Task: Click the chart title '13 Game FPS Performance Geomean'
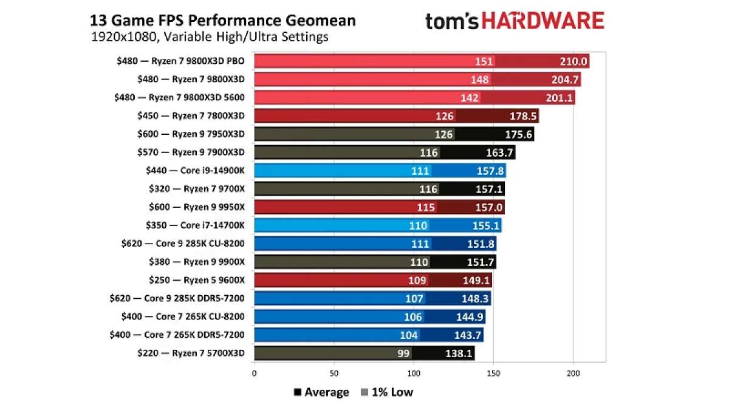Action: click(223, 21)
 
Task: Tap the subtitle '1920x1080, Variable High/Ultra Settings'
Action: click(210, 37)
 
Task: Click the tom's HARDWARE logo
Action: click(515, 21)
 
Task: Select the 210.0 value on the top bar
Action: click(573, 61)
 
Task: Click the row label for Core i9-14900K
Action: click(197, 171)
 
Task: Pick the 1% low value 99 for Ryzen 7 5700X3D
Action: click(404, 353)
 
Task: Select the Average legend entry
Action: click(321, 392)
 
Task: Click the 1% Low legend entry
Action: click(386, 392)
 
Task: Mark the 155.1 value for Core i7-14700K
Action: click(485, 225)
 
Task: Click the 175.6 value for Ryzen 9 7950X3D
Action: click(518, 134)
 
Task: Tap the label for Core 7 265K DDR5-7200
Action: click(178, 335)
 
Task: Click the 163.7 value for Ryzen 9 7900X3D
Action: click(499, 152)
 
